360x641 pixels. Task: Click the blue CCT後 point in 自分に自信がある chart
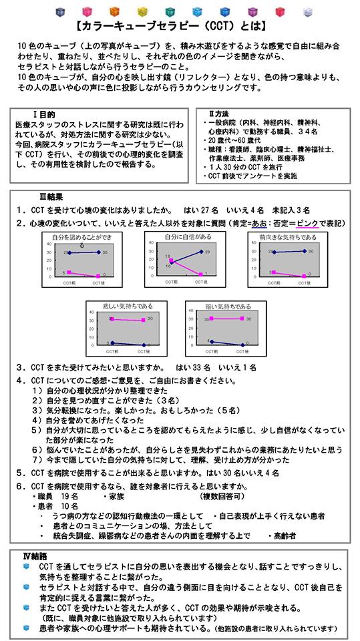click(200, 252)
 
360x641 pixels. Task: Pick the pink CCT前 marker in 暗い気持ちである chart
click(211, 318)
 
